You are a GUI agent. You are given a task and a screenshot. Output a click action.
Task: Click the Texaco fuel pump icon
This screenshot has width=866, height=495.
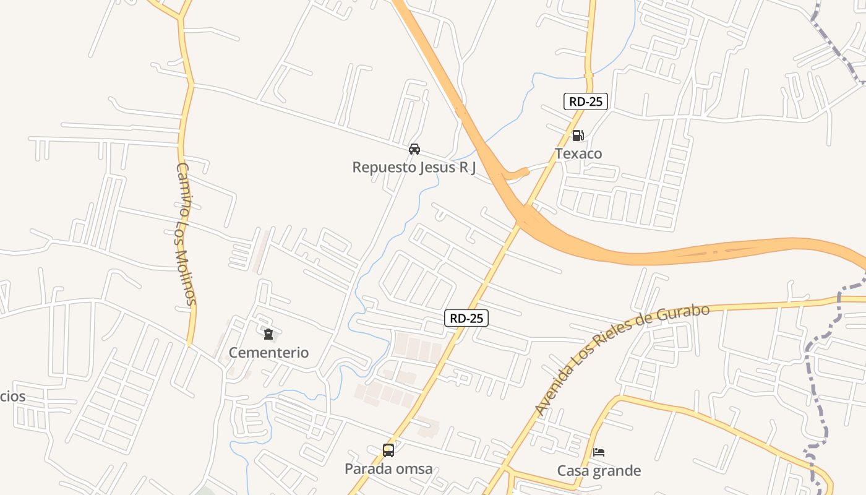578,135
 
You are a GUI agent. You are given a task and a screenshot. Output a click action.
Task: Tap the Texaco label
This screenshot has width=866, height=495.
578,153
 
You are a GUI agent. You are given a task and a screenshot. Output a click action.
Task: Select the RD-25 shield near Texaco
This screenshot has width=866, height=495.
586,101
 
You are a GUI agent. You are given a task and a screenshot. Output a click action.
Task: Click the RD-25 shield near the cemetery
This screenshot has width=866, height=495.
466,318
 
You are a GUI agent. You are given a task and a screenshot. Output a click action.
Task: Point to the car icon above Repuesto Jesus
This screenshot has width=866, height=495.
414,148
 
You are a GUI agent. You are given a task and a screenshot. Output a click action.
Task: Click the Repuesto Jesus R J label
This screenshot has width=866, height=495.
414,167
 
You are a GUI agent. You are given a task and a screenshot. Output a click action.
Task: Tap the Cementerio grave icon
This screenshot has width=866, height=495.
268,334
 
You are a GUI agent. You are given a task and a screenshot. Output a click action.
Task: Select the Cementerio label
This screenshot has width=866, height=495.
268,353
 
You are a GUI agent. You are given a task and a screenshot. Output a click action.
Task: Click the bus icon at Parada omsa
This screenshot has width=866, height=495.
388,450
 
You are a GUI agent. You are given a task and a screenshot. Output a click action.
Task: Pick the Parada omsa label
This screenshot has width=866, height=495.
388,469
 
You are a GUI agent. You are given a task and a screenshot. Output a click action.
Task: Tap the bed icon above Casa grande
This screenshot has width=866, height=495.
599,452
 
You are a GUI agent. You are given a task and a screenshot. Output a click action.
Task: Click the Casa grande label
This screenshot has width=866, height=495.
599,471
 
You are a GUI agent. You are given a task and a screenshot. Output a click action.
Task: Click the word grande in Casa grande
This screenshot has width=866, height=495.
615,471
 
